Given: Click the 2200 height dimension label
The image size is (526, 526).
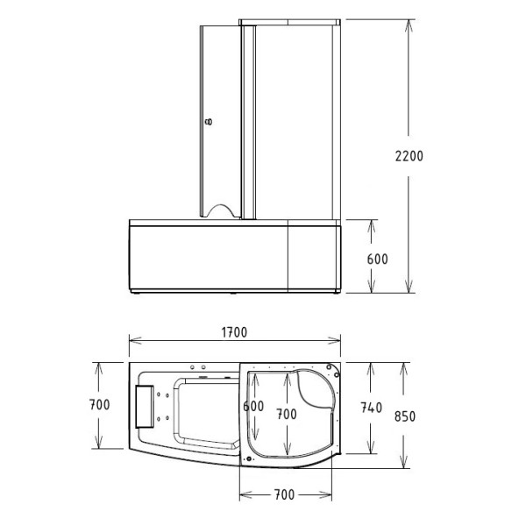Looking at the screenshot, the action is (409, 156).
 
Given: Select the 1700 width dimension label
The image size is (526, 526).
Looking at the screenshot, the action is (234, 332).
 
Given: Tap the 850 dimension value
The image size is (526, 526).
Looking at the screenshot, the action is (405, 416).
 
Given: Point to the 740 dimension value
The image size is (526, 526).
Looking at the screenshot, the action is (372, 408).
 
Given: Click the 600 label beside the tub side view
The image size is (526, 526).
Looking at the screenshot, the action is (377, 259).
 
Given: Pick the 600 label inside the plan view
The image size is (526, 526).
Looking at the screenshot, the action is (253, 406).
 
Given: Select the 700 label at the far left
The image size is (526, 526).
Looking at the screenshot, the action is (100, 404).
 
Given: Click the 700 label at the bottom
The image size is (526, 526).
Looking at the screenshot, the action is (284, 494).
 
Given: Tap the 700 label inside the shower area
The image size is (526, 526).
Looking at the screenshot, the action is (287, 414).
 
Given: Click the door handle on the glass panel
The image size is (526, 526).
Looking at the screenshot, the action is (209, 122).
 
